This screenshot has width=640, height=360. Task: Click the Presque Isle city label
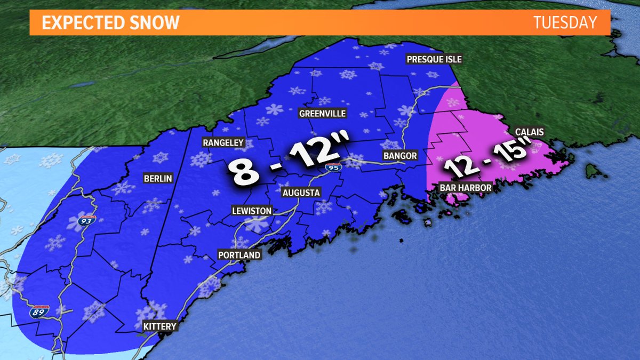click(x=434, y=59)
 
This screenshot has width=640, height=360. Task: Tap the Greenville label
click(x=322, y=114)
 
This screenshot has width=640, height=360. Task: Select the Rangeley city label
click(x=223, y=142)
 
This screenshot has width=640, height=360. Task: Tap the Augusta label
click(x=301, y=192)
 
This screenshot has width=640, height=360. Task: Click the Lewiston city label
click(x=251, y=211)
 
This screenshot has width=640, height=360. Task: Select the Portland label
click(x=239, y=255)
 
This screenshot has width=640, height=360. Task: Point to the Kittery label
click(x=159, y=326)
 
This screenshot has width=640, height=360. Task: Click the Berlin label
click(x=158, y=179)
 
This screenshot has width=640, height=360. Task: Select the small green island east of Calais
click(x=590, y=171)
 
